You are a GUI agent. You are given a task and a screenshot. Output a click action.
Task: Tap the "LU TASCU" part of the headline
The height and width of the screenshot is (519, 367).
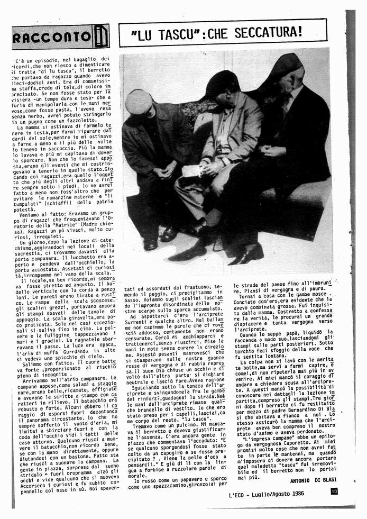tap(160, 34)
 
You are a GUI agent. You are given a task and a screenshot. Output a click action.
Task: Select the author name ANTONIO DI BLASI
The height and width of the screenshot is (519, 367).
tap(314, 480)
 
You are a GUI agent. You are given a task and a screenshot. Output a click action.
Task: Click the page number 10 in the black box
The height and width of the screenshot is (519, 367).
tap(334, 490)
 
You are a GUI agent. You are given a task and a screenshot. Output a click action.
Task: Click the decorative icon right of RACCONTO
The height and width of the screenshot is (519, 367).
tap(101, 37)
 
